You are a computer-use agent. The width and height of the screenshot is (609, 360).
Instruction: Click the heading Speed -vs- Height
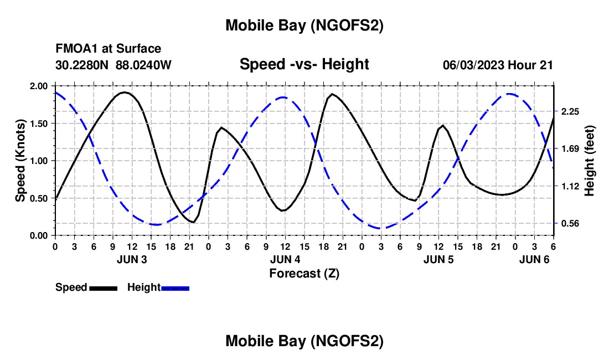(x=304, y=64)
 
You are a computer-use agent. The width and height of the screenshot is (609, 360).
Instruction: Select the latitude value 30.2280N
(x=83, y=65)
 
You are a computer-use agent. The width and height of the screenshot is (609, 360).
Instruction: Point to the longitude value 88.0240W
(x=143, y=65)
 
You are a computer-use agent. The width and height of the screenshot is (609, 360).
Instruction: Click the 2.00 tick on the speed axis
(x=39, y=86)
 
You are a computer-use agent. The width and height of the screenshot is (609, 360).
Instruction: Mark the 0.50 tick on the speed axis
(x=39, y=198)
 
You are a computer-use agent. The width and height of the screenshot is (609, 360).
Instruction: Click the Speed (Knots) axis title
(x=20, y=161)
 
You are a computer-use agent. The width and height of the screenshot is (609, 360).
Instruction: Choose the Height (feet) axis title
(x=589, y=161)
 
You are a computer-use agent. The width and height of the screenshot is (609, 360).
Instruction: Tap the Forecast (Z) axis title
(x=304, y=273)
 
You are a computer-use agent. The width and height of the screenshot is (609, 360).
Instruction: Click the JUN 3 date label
(x=132, y=259)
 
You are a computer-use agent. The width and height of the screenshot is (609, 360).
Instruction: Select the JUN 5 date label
(x=438, y=259)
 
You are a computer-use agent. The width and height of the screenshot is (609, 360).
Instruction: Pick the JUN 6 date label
(x=534, y=259)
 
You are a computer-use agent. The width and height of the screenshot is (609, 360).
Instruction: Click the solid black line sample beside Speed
(x=104, y=287)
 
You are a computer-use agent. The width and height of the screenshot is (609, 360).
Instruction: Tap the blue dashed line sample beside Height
(x=176, y=287)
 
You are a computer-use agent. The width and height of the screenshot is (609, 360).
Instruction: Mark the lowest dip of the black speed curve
(x=192, y=222)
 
